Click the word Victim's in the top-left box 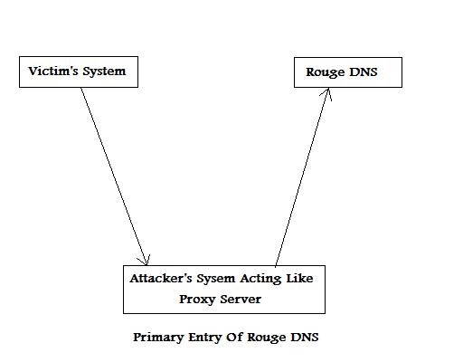[53, 71]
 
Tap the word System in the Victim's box [104, 71]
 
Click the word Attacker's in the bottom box [161, 278]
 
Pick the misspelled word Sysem [216, 279]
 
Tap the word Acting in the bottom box [260, 279]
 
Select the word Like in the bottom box [299, 278]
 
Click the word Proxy [197, 300]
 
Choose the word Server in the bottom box [241, 300]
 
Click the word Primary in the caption [158, 338]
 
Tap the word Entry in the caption [205, 338]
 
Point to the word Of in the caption [234, 337]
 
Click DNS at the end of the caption [305, 337]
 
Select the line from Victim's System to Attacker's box [114, 176]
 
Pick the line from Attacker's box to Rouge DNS [302, 177]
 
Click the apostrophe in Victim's [66, 68]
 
